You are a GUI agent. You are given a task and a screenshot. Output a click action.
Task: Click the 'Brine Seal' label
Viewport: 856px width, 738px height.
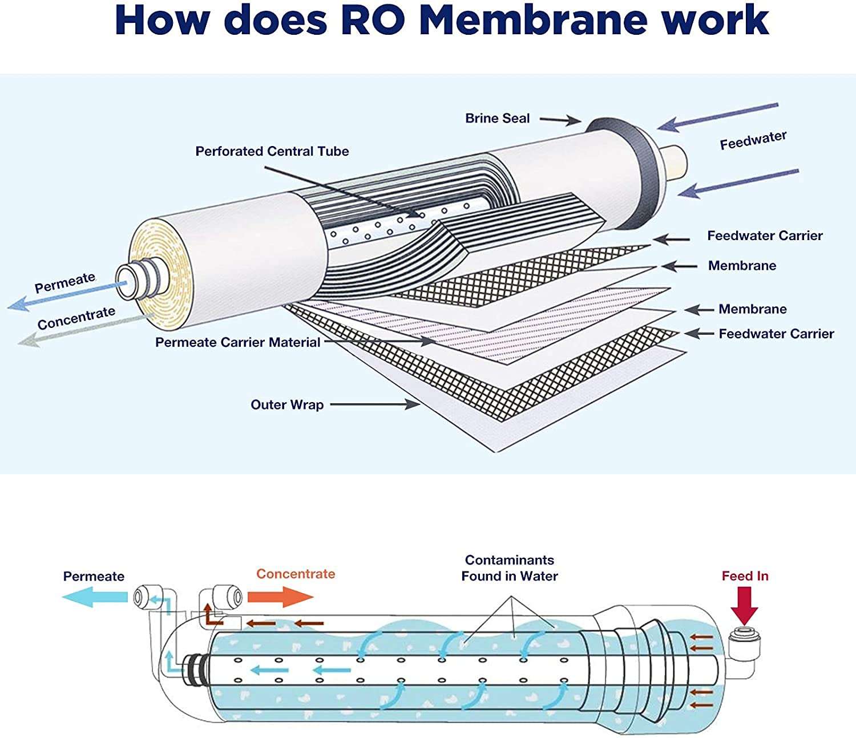[497, 119]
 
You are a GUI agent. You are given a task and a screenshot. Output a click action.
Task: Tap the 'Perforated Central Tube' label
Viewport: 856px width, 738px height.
[272, 151]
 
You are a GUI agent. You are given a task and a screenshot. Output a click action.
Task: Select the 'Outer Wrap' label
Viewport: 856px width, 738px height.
[287, 404]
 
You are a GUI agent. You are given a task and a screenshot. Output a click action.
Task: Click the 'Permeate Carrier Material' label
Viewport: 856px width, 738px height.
[237, 342]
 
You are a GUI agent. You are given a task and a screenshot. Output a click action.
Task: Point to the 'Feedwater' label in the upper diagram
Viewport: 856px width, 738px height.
[753, 140]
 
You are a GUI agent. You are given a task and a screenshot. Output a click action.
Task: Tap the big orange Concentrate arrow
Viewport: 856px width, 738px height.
[280, 598]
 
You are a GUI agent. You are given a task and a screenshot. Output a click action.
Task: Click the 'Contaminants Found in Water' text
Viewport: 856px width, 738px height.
[509, 568]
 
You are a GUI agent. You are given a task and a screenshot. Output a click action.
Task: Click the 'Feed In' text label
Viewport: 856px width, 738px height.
[745, 576]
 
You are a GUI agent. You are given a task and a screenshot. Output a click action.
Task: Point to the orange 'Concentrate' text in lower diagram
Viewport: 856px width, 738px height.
[295, 574]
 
